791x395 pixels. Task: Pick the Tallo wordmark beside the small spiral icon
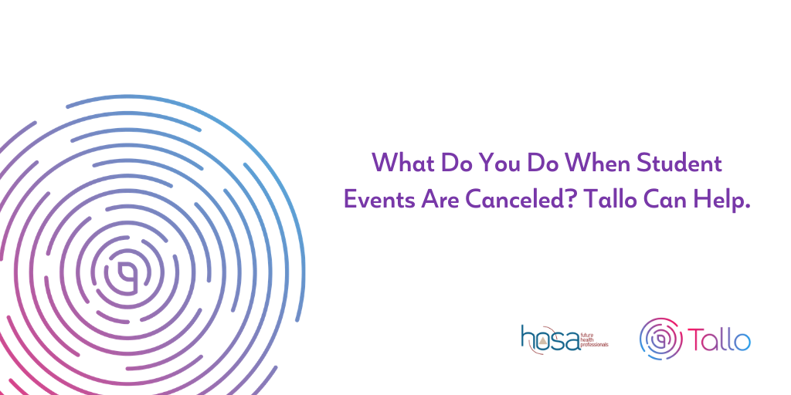[x=719, y=339]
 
